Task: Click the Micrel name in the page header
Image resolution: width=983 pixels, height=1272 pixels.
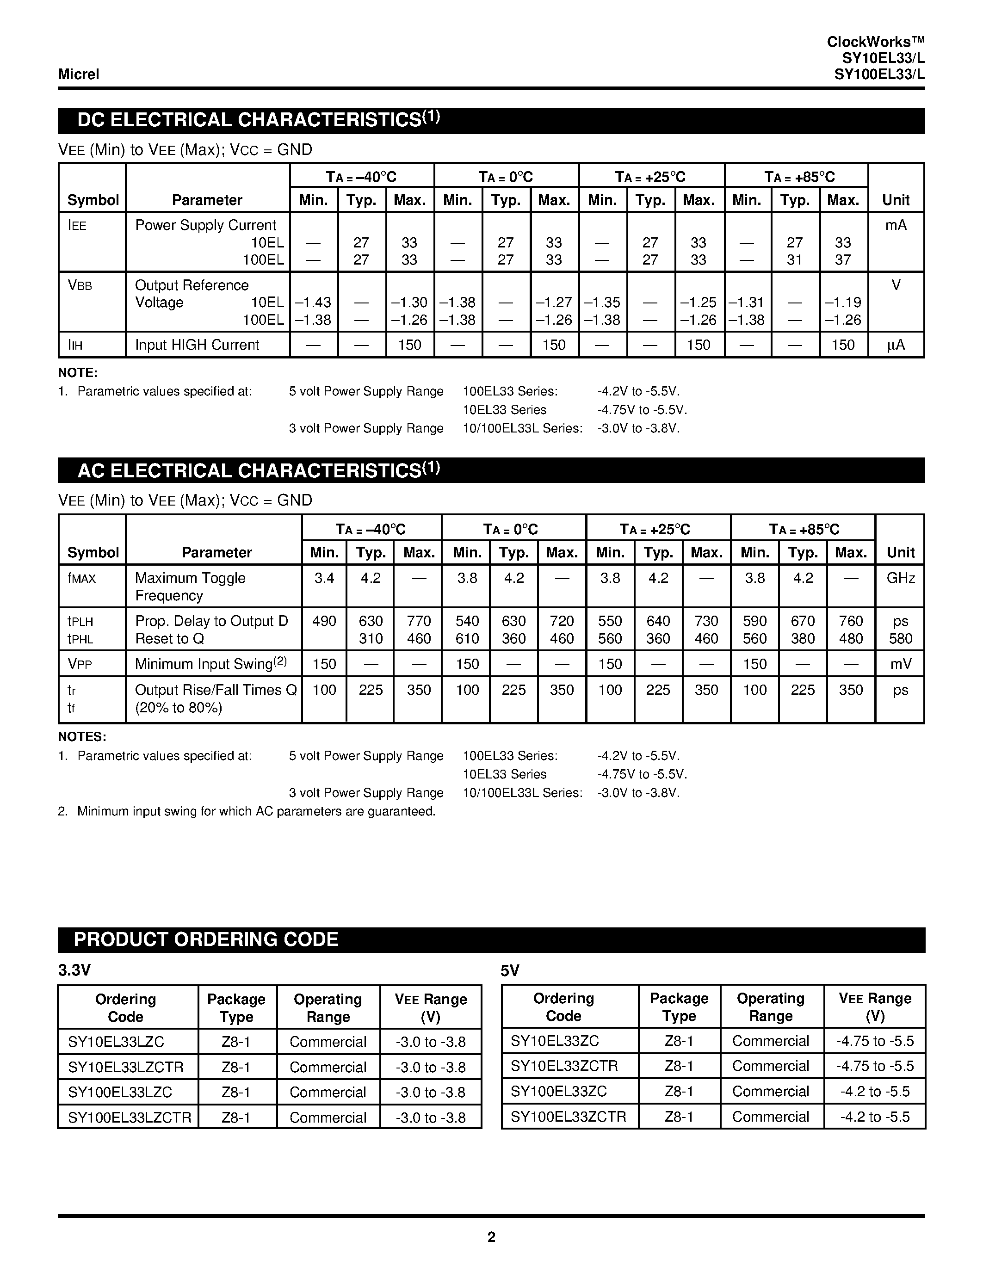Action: (79, 74)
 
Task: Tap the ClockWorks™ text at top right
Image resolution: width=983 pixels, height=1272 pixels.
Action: (875, 42)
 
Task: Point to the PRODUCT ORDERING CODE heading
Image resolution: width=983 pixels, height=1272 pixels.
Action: (206, 939)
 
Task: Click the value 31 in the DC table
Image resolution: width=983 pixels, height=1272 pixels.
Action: (795, 260)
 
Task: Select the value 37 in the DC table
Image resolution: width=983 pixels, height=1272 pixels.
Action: (843, 260)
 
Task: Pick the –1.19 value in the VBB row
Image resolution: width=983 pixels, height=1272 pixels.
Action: (843, 303)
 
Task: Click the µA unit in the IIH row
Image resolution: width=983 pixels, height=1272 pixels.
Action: (896, 345)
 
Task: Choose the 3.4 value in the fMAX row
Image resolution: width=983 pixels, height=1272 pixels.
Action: (324, 578)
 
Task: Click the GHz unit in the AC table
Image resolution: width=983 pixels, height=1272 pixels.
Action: (900, 578)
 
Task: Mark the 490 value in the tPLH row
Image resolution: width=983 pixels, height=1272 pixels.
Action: (324, 621)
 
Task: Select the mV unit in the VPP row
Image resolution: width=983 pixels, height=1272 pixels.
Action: (900, 664)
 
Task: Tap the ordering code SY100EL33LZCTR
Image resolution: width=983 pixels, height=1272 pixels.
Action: (129, 1118)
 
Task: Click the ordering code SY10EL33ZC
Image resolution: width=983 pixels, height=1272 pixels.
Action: (554, 1041)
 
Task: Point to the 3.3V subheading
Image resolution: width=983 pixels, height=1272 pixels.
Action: (74, 969)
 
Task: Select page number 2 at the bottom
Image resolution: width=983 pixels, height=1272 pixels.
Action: (491, 1236)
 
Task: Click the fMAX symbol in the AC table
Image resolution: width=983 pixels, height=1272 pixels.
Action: (81, 578)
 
